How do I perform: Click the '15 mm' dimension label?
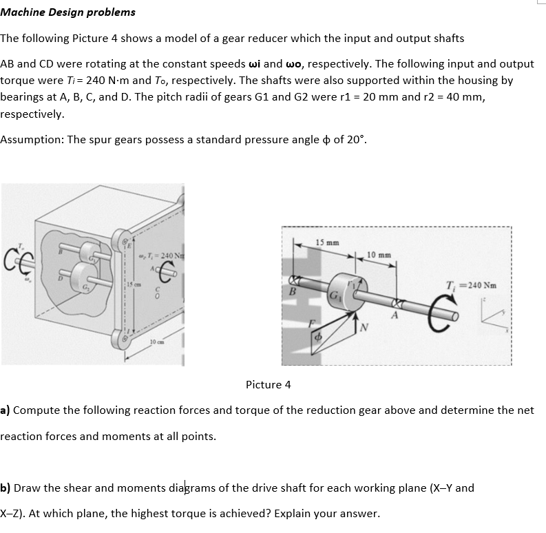(327, 242)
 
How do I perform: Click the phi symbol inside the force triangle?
(318, 339)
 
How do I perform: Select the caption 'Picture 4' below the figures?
(268, 384)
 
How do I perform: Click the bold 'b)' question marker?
(6, 488)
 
